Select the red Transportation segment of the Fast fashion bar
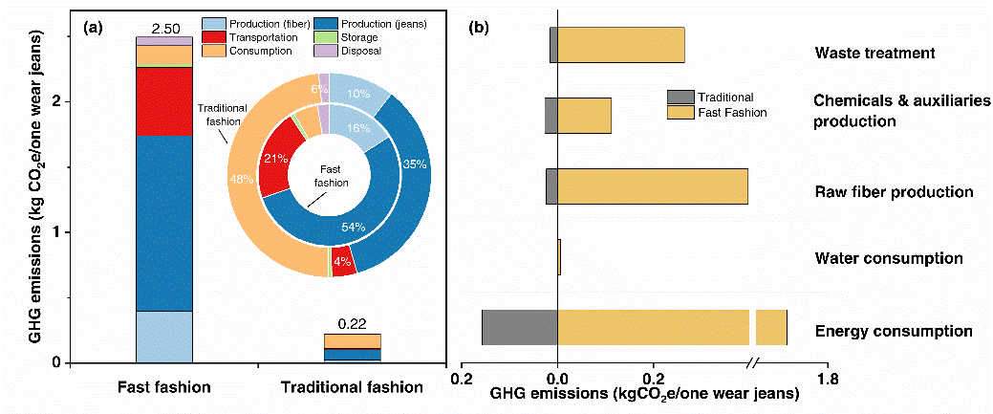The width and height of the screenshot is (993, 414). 164,101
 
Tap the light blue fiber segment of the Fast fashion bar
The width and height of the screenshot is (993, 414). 164,337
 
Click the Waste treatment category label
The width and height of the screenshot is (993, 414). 874,53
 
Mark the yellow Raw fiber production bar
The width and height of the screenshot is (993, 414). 652,185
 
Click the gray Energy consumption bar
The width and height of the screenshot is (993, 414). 519,327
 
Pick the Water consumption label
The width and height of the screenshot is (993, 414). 888,258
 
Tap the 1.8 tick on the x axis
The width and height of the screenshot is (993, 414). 828,380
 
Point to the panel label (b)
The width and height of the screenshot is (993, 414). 479,27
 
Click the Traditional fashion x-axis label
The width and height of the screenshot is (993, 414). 352,387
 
